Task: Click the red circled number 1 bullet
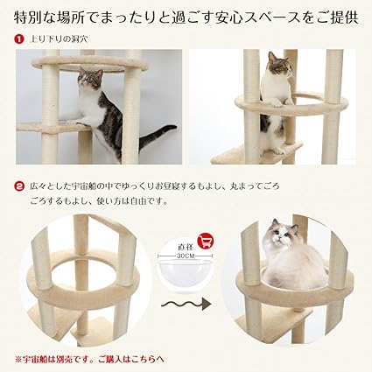pos(19,39)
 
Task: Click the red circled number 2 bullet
pos(19,186)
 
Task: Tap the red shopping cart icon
pos(206,241)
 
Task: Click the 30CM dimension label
pos(185,256)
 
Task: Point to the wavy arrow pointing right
pos(186,304)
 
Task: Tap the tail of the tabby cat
pos(157,136)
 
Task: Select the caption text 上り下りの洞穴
pos(59,39)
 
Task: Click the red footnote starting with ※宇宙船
pos(89,359)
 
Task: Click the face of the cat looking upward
pos(88,78)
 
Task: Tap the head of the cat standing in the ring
pos(280,64)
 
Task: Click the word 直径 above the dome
pos(186,247)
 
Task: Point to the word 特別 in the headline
pos(28,18)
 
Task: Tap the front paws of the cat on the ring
pos(280,102)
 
